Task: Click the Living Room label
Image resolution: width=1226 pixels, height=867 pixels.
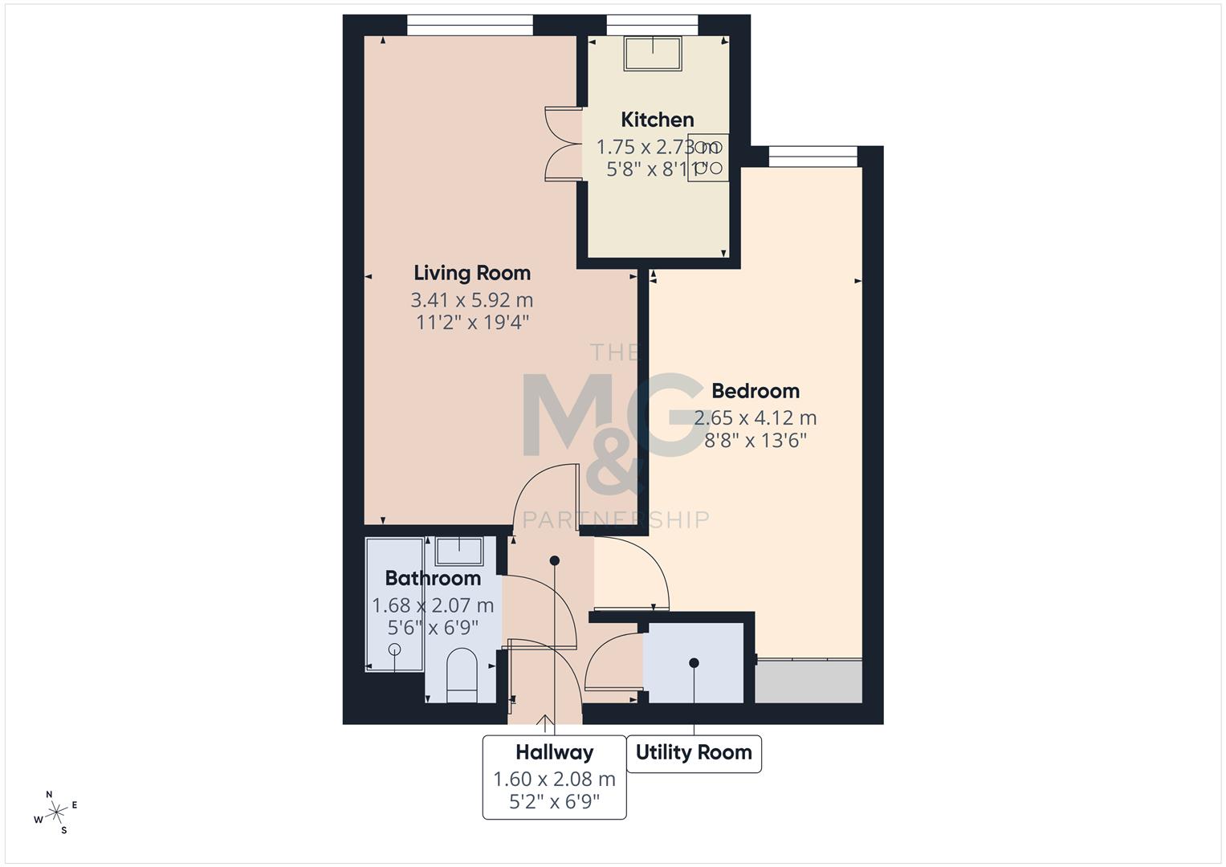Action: (472, 273)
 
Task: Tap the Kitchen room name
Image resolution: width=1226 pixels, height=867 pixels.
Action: (658, 120)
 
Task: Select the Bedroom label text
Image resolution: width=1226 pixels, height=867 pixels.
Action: (756, 391)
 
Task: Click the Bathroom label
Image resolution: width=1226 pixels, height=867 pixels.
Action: (433, 578)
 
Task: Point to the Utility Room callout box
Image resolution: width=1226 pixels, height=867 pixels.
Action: (694, 753)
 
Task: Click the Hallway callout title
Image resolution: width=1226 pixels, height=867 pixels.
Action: (554, 753)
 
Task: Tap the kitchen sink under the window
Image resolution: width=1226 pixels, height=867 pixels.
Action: (653, 54)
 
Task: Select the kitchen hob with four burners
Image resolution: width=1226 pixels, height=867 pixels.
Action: (707, 157)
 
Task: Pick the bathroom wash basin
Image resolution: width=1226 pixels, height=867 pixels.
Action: (459, 552)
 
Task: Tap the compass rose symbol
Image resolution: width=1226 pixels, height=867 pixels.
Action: (55, 812)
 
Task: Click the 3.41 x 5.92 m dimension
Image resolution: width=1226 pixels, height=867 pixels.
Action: (472, 300)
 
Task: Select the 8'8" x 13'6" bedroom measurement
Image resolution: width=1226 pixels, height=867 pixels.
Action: (756, 440)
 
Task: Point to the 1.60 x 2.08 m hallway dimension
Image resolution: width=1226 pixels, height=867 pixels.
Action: (554, 779)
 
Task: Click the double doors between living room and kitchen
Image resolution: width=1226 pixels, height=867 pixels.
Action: (562, 143)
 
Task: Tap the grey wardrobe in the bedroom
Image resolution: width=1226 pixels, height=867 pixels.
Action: (809, 681)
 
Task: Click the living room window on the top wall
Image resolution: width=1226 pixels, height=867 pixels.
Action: (470, 25)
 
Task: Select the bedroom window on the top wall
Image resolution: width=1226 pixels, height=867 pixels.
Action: (813, 157)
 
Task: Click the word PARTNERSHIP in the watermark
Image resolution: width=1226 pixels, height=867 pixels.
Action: (616, 520)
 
